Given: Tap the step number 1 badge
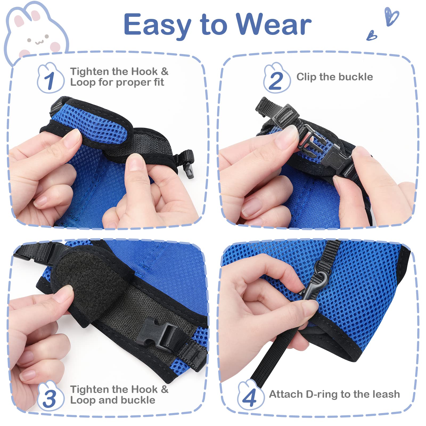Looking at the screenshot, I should click(50, 80).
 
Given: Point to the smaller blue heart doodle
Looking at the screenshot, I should click(372, 35).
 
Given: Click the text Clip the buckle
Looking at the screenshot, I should click(334, 77).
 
